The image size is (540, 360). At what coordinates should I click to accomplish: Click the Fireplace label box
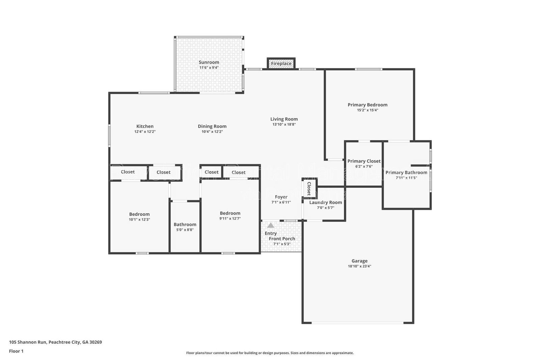coord(281,63)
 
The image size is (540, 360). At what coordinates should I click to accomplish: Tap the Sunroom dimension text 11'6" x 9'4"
coord(209,68)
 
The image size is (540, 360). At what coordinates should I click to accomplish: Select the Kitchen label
coord(145,126)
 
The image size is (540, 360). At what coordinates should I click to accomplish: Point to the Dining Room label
coord(212,126)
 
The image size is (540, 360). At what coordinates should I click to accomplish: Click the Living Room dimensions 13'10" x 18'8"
coord(284,124)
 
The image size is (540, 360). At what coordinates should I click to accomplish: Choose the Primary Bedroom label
coord(368,105)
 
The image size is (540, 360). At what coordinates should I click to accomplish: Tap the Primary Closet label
coord(364,161)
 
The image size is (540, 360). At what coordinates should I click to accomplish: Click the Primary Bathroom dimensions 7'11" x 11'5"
coord(406,178)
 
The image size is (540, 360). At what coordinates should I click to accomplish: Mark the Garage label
coord(359,261)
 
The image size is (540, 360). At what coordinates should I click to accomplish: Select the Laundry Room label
coord(325,202)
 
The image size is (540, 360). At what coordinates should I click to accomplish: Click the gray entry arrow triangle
coord(271,225)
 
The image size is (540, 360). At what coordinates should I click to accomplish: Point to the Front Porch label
coord(282,238)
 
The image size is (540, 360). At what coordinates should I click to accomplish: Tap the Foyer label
coord(281,197)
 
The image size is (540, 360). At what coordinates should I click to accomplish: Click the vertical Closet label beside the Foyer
coord(308,188)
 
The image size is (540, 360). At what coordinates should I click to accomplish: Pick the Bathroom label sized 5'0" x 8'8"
coord(185,224)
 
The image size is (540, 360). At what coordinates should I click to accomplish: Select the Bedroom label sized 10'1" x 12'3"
coord(139,214)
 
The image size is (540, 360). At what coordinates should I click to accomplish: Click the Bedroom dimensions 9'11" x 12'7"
coord(230,218)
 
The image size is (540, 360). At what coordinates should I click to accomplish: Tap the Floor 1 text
coord(16,351)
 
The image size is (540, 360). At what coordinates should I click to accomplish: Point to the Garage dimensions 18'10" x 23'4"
coord(359,266)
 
